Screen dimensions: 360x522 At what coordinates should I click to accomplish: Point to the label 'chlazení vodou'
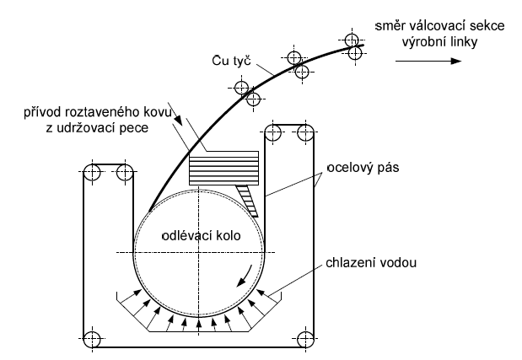click(369, 263)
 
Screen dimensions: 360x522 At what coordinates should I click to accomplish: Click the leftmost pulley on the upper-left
click(93, 174)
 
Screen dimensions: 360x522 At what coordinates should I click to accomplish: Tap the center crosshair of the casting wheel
click(199, 254)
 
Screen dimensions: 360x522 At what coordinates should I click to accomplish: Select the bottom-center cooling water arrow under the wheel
click(199, 325)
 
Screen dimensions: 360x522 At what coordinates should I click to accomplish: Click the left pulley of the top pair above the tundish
click(273, 132)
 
